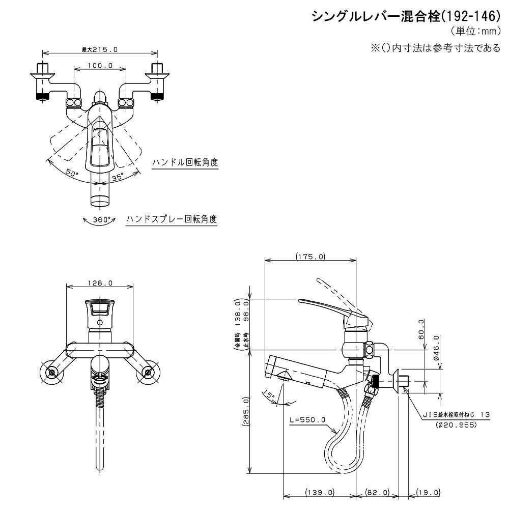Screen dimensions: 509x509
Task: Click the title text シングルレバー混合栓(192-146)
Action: point(406,16)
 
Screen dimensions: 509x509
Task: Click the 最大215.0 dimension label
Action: point(100,49)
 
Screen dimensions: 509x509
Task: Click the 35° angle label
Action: point(118,177)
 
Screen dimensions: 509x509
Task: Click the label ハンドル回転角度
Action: point(185,162)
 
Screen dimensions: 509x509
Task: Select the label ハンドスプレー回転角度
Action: point(172,219)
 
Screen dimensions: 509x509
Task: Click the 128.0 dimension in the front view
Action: point(100,283)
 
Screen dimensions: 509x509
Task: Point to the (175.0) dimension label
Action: point(310,257)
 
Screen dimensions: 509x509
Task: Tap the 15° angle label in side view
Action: point(270,394)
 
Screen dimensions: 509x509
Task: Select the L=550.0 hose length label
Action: point(307,420)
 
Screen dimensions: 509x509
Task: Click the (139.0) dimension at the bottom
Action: point(319,492)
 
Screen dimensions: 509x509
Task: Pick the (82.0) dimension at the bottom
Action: point(377,492)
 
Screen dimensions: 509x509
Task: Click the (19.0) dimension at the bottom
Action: point(428,492)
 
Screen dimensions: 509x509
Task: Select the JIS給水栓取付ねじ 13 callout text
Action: point(455,415)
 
